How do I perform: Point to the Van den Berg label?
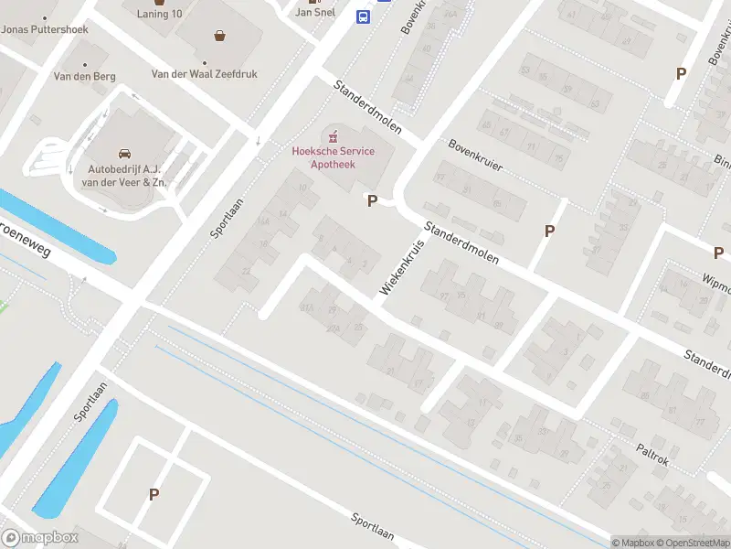[x=84, y=77]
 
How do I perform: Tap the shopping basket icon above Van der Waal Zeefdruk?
[x=219, y=37]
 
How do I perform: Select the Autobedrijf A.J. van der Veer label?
[x=127, y=176]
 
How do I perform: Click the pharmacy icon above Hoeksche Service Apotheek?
[x=333, y=135]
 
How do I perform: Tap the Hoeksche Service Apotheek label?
[x=333, y=157]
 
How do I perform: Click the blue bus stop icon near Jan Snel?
[x=363, y=16]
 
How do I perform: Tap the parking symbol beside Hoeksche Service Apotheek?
[x=372, y=200]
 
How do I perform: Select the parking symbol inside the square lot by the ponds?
[x=154, y=495]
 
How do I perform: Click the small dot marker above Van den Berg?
[x=85, y=65]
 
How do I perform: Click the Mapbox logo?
[x=38, y=538]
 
